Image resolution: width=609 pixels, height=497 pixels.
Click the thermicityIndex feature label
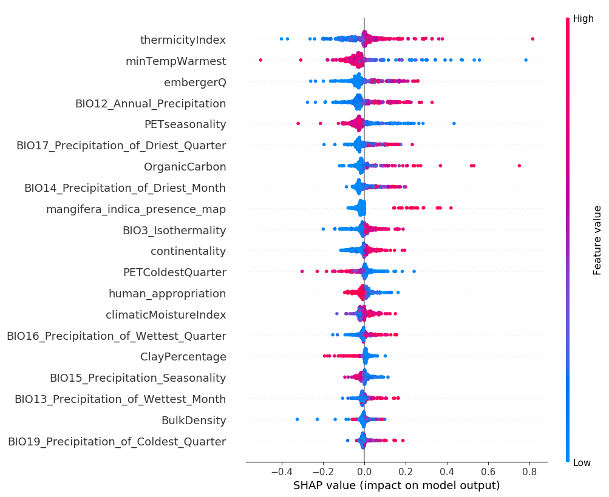pyautogui.click(x=183, y=40)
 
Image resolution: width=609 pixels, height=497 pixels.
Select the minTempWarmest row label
pyautogui.click(x=175, y=61)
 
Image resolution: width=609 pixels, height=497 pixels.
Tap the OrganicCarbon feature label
pyautogui.click(x=185, y=167)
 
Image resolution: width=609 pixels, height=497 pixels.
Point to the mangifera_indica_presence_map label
pyautogui.click(x=136, y=209)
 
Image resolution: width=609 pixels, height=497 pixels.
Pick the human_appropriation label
pyautogui.click(x=167, y=294)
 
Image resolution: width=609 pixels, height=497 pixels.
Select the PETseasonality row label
pyautogui.click(x=185, y=124)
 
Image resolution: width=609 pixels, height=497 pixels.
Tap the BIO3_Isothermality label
pyautogui.click(x=174, y=231)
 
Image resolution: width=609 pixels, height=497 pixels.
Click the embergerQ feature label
pyautogui.click(x=194, y=83)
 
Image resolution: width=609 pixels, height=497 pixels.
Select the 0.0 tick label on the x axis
pyautogui.click(x=364, y=471)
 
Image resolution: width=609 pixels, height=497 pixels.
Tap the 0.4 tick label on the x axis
pyautogui.click(x=446, y=471)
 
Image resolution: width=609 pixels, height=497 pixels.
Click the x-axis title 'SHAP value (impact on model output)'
pyautogui.click(x=396, y=485)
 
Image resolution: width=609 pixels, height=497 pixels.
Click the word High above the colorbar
pyautogui.click(x=583, y=19)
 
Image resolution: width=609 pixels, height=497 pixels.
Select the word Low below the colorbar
pyautogui.click(x=582, y=463)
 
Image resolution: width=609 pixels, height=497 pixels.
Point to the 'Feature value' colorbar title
pyautogui.click(x=597, y=240)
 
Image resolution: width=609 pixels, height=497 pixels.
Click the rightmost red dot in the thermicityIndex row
pyautogui.click(x=532, y=39)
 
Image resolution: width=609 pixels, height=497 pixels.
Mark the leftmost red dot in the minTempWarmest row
pyautogui.click(x=260, y=59)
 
